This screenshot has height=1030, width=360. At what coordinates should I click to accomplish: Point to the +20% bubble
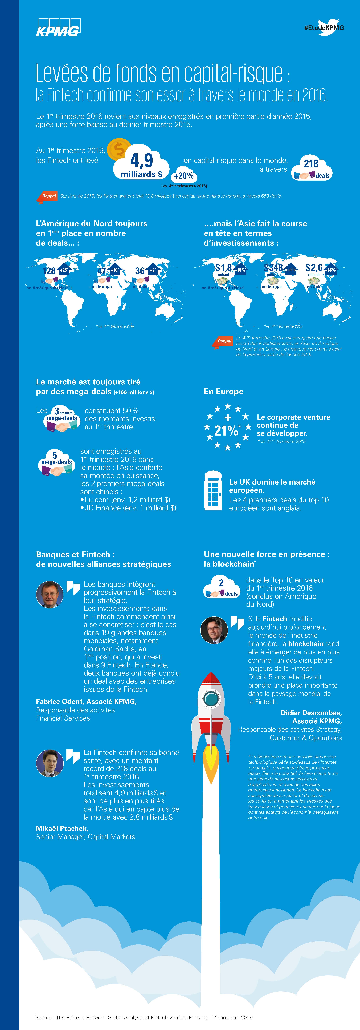[x=184, y=175]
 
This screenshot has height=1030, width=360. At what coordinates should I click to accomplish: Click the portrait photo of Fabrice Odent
[x=50, y=595]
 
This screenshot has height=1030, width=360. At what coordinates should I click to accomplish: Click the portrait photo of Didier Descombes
[x=214, y=631]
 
